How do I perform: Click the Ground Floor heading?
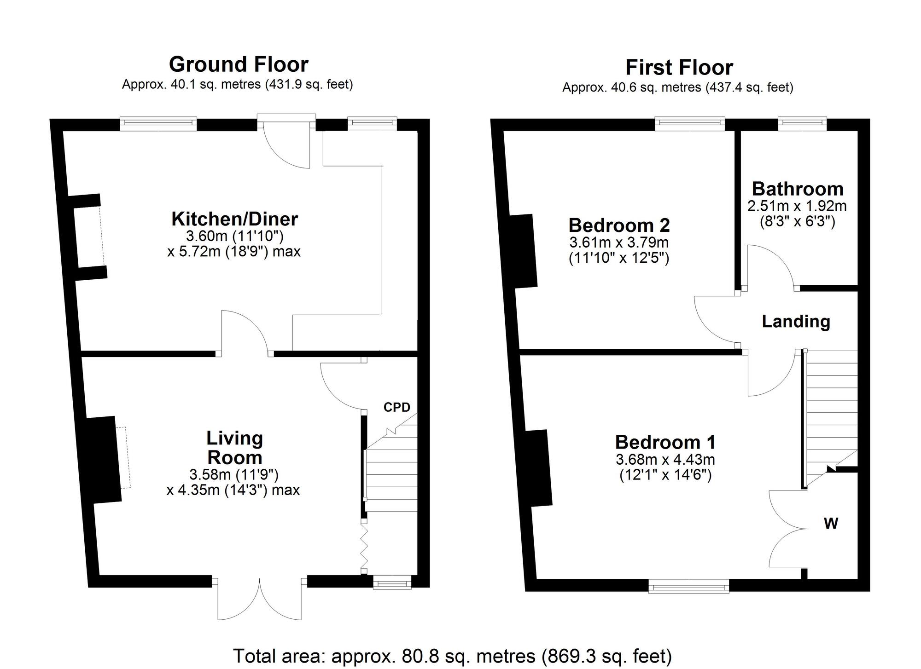(238, 64)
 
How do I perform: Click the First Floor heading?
(679, 68)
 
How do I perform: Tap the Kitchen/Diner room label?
(234, 219)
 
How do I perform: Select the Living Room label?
(234, 448)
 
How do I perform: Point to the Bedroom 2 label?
(619, 225)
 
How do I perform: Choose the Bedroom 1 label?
(665, 442)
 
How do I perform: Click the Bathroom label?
(798, 189)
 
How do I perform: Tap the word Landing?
(796, 321)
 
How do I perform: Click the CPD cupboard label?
(396, 407)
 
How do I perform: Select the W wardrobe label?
(831, 523)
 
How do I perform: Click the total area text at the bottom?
(452, 656)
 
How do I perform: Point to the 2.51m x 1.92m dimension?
(797, 206)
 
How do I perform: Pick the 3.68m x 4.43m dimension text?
(665, 459)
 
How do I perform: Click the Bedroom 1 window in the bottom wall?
(688, 587)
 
